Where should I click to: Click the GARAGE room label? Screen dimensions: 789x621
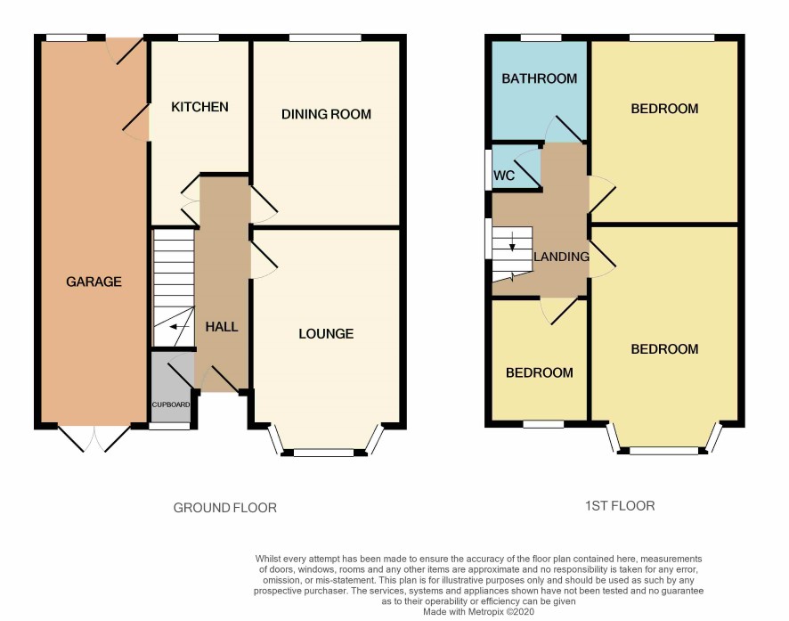94,282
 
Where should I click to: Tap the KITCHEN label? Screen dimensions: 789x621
199,107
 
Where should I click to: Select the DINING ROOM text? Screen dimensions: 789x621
326,114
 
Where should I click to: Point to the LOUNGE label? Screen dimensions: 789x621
326,333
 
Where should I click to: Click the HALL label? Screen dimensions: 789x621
222,327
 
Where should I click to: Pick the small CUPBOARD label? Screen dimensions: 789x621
171,404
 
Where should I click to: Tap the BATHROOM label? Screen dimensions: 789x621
540,78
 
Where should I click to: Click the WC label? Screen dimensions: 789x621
504,176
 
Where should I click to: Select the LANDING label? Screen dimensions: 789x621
562,257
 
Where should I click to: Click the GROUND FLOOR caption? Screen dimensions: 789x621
225,508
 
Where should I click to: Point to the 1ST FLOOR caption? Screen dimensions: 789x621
620,506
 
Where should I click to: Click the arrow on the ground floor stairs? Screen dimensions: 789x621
179,327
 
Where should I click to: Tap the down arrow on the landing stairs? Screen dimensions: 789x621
512,241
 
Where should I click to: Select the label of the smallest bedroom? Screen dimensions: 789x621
540,372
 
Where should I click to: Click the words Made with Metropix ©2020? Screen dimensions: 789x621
478,612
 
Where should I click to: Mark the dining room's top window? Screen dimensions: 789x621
326,37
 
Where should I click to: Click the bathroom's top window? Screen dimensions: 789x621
541,37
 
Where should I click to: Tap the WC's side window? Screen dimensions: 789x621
488,169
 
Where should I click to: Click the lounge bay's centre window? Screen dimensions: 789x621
324,453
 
